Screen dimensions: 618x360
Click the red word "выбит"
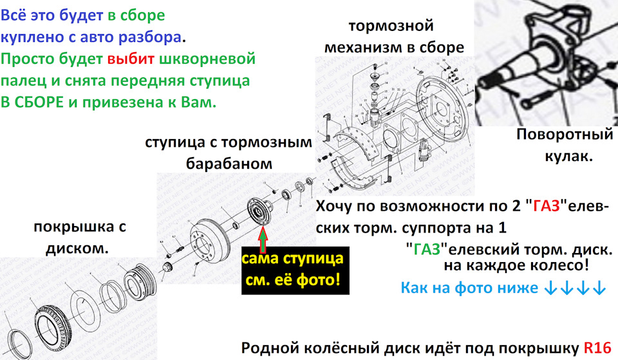point(131,59)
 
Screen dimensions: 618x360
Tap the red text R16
point(597,348)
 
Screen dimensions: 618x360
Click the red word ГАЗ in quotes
point(547,206)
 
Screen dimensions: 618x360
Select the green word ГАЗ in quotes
point(426,249)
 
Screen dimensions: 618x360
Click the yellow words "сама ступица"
point(292,259)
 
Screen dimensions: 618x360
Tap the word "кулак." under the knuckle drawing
point(568,156)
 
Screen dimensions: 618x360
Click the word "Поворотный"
point(565,135)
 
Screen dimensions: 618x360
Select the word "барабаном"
point(229,163)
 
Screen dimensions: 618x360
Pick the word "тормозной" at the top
point(391,26)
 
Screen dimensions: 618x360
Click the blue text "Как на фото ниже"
point(469,288)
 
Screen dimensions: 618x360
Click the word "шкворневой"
point(207,59)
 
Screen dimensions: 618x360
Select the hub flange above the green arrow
point(259,211)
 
